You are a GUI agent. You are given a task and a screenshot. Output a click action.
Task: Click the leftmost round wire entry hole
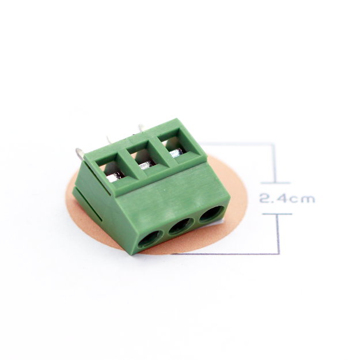coord(150,239)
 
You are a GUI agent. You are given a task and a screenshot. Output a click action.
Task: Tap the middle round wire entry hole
coord(181,226)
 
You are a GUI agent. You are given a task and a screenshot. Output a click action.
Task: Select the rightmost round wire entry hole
coord(212,214)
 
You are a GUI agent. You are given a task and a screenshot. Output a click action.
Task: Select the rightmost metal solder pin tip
coord(142,128)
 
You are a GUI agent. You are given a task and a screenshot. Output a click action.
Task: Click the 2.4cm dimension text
coord(287,199)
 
